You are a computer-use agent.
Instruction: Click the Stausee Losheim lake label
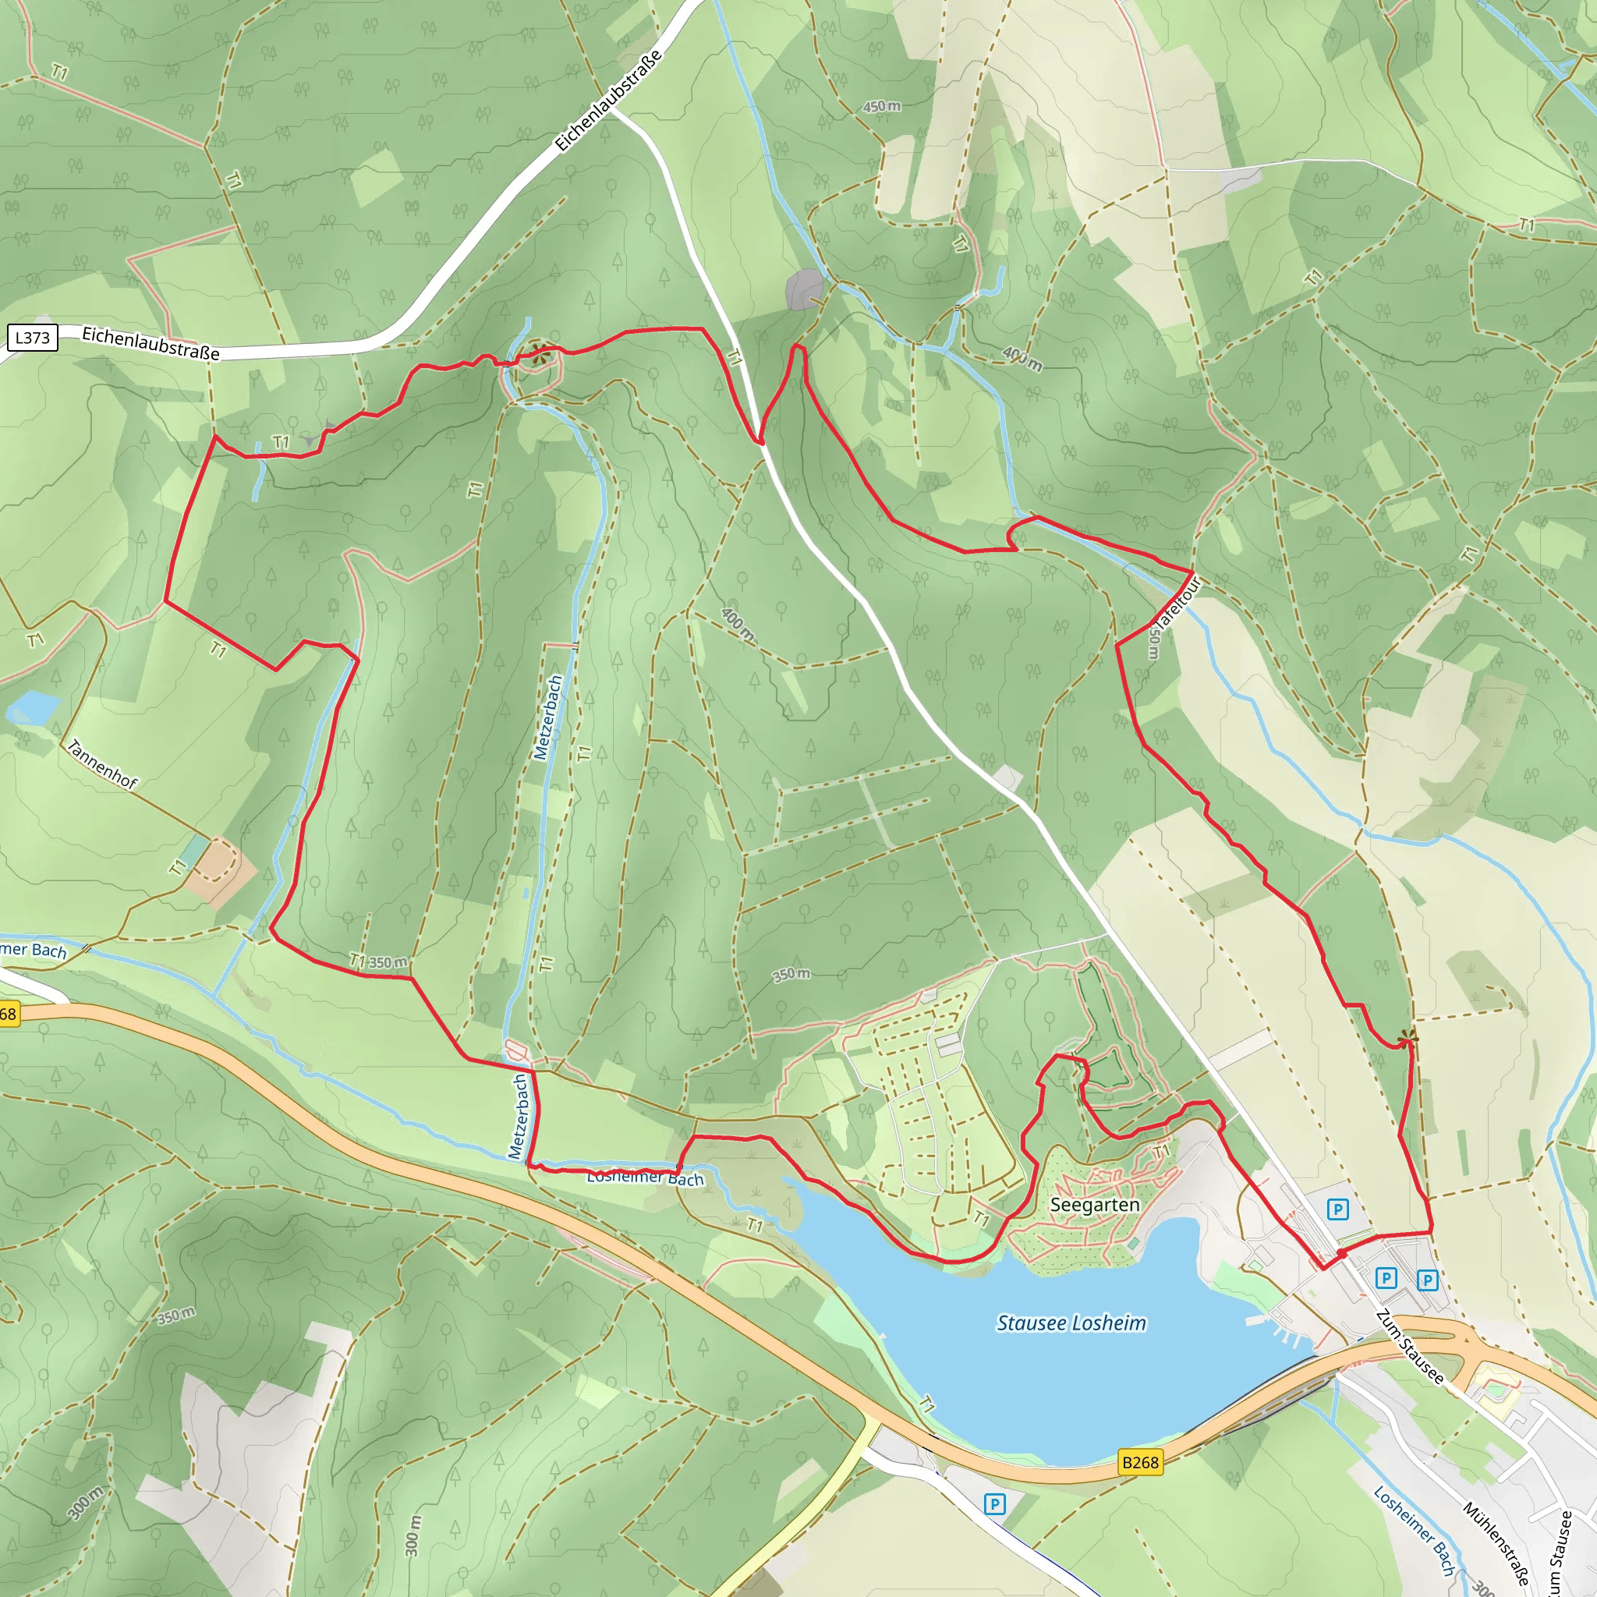click(1071, 1323)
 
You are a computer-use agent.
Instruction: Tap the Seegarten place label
click(1094, 1206)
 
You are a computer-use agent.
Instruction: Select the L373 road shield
click(32, 337)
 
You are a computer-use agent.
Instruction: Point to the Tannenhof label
click(102, 765)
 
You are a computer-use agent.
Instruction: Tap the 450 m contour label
click(882, 107)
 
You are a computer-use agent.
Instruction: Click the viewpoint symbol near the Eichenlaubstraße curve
click(541, 356)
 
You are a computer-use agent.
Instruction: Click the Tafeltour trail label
click(1178, 604)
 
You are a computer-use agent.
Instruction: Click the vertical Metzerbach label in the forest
click(547, 717)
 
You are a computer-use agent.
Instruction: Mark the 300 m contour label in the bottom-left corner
click(85, 1503)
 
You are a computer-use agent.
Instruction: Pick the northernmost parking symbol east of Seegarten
click(1337, 1210)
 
